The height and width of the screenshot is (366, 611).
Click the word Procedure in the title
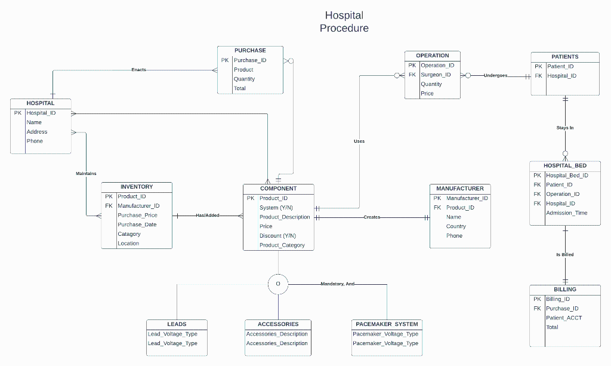(x=344, y=28)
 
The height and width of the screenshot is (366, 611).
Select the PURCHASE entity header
(x=250, y=51)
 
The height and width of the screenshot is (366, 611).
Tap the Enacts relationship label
(x=138, y=70)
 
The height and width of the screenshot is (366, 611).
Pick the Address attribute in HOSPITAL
(x=37, y=132)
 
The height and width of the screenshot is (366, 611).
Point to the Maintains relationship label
(x=86, y=174)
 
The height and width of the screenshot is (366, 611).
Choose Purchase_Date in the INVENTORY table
(x=137, y=224)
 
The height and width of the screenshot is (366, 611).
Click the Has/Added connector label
(x=208, y=215)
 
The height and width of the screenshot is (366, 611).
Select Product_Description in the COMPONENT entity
(x=285, y=217)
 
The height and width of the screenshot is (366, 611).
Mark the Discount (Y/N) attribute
(x=277, y=236)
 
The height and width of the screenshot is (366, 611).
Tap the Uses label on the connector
(x=359, y=142)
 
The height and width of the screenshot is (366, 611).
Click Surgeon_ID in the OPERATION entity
(x=436, y=75)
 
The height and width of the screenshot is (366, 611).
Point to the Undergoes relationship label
(x=495, y=76)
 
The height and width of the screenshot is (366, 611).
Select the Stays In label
(x=564, y=128)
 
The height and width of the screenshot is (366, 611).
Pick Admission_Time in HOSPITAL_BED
(x=566, y=213)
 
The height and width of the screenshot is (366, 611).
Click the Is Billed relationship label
(x=564, y=254)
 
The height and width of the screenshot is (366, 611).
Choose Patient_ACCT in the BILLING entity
(x=564, y=318)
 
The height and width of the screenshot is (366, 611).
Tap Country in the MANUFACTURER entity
(x=456, y=226)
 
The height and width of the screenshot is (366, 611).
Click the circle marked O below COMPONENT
(x=278, y=284)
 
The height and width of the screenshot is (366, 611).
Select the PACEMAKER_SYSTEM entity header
(x=387, y=324)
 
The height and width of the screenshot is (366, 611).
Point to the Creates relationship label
(x=372, y=217)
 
